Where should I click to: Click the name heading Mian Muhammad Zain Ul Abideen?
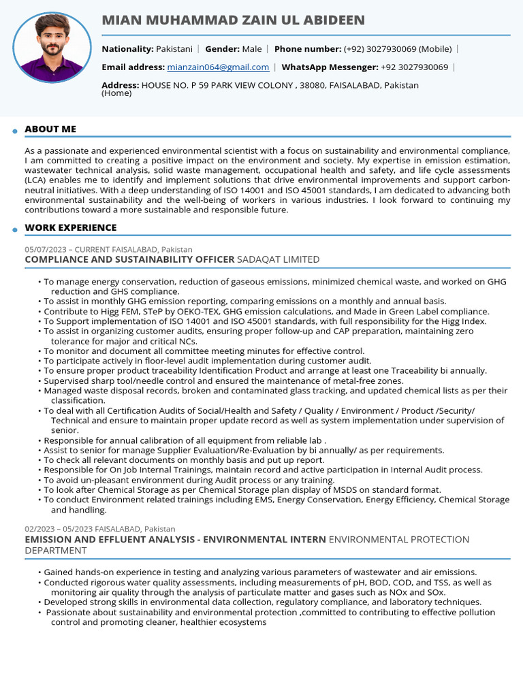233,20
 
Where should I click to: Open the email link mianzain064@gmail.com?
217,67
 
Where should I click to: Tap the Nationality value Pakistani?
174,49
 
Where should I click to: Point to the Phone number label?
308,49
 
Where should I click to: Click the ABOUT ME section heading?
50,129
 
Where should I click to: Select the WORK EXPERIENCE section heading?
71,227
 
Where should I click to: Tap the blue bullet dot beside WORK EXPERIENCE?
14,230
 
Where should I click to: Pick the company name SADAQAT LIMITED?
278,259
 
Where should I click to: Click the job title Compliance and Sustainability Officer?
129,259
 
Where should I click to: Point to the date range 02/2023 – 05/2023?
59,529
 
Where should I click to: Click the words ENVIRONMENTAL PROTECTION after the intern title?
398,539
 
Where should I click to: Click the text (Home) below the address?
116,93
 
